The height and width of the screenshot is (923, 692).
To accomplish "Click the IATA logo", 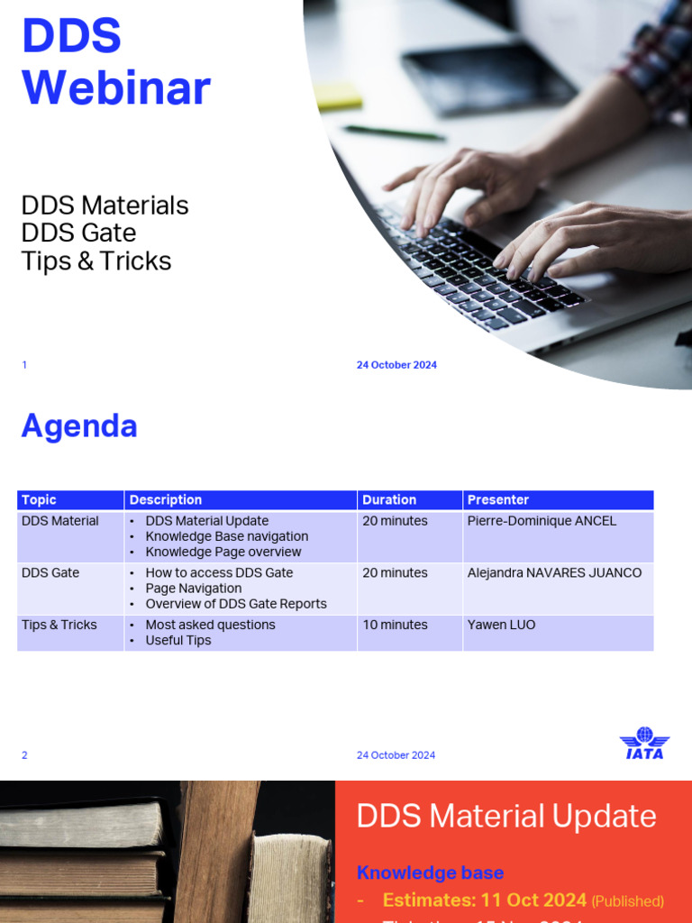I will click(x=643, y=744).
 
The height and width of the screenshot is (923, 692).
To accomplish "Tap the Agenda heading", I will click(x=79, y=425).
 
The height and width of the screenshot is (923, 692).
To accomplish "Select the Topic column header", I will click(x=39, y=499).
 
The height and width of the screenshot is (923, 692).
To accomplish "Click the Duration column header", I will click(x=389, y=499).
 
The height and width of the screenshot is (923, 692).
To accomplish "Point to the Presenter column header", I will click(x=497, y=499).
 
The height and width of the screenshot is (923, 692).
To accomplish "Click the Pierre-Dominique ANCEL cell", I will click(x=542, y=521).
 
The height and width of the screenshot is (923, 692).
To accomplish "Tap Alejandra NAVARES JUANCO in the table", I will click(x=554, y=572).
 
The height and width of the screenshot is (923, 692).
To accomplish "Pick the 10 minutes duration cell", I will click(x=395, y=625).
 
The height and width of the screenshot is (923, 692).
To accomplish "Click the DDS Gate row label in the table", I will click(x=50, y=572).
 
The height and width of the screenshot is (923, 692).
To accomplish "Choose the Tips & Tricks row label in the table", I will click(x=59, y=625).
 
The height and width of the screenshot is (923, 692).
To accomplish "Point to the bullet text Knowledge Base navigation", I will click(x=227, y=536).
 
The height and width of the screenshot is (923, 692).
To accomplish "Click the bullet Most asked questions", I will click(x=210, y=625).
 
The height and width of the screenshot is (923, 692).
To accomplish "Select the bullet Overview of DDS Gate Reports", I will click(x=236, y=604).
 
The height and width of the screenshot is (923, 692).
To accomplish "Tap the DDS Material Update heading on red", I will click(x=506, y=816).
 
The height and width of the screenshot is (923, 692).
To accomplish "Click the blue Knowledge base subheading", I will click(x=430, y=873).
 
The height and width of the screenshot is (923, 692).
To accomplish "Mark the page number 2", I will click(x=24, y=755).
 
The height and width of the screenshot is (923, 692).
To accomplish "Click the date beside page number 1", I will click(x=396, y=365).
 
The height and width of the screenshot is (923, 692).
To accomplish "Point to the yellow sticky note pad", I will click(x=338, y=96).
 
